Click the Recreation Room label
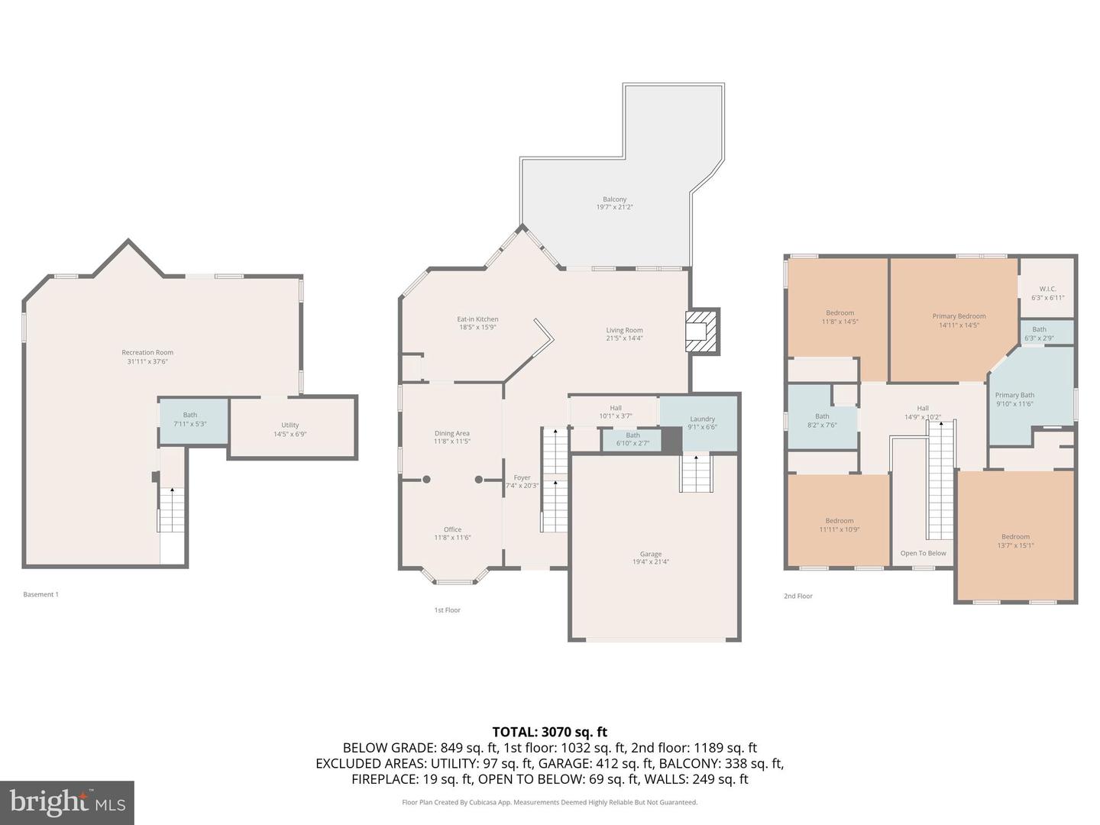[147, 353]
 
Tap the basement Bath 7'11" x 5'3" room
[192, 421]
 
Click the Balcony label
[614, 199]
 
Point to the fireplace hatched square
[702, 331]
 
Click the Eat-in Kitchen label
[477, 319]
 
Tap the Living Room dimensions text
[624, 338]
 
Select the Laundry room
[701, 422]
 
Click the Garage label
[651, 554]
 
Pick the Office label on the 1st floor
[452, 529]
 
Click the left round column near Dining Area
[426, 480]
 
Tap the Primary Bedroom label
[959, 316]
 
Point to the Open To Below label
[923, 553]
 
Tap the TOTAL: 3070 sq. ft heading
[550, 732]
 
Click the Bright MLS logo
[67, 802]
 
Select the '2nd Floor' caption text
[797, 596]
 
